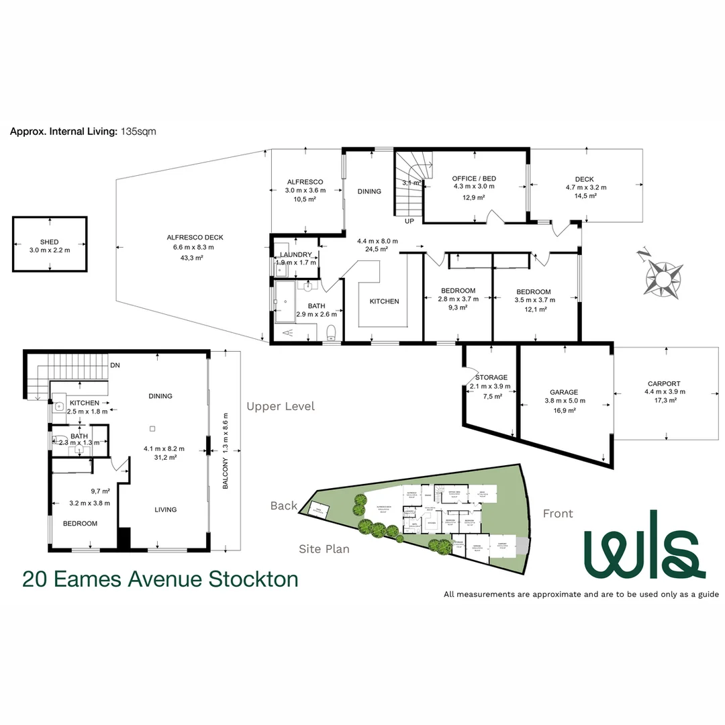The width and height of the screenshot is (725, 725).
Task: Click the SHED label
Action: click(x=50, y=242)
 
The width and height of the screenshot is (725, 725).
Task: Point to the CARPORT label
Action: click(x=664, y=384)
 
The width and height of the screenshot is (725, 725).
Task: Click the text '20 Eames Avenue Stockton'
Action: click(x=160, y=579)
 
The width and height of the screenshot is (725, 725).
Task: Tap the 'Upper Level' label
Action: click(x=280, y=406)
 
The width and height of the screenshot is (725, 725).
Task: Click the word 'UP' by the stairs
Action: click(x=409, y=220)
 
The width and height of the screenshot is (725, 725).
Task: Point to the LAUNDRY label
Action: click(x=296, y=254)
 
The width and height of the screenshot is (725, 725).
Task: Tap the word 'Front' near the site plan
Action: click(x=558, y=514)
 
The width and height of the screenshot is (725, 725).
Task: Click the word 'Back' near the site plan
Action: click(x=283, y=506)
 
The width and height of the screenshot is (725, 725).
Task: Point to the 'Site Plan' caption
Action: click(x=324, y=549)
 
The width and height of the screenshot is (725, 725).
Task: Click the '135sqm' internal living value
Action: click(x=138, y=132)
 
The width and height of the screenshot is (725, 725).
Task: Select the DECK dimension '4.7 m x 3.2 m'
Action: click(x=584, y=188)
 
